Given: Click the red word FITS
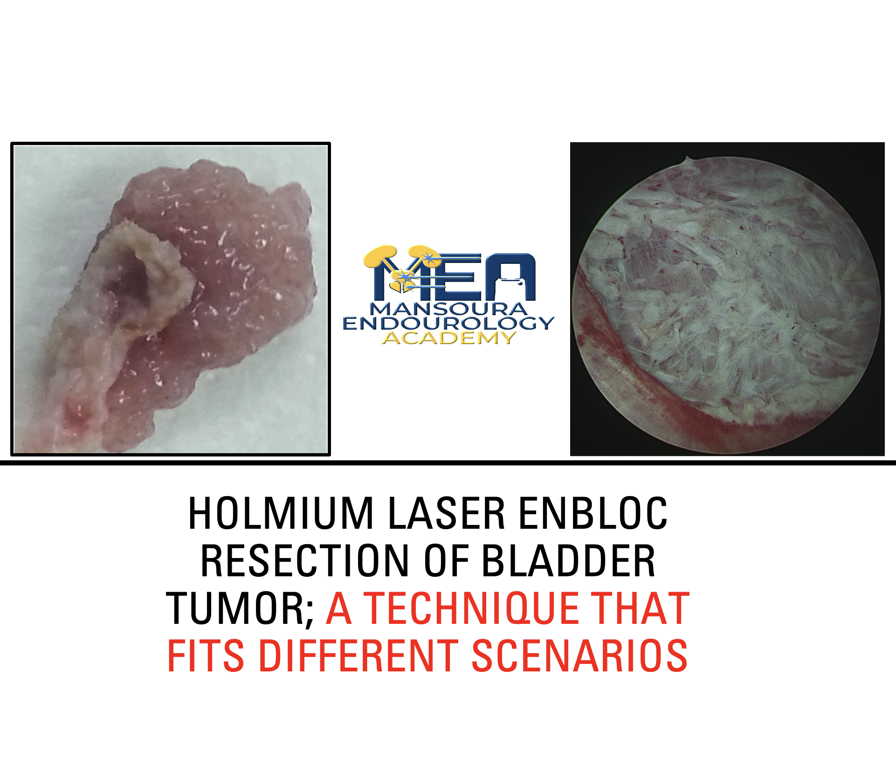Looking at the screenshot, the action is (x=206, y=656).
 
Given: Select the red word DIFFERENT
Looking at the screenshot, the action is (x=358, y=656).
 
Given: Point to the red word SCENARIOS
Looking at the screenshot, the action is (x=580, y=656).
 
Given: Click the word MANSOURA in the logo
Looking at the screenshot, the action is (x=448, y=309).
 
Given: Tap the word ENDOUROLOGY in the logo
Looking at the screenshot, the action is (x=448, y=323).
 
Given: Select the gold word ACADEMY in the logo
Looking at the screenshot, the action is (x=449, y=338).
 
